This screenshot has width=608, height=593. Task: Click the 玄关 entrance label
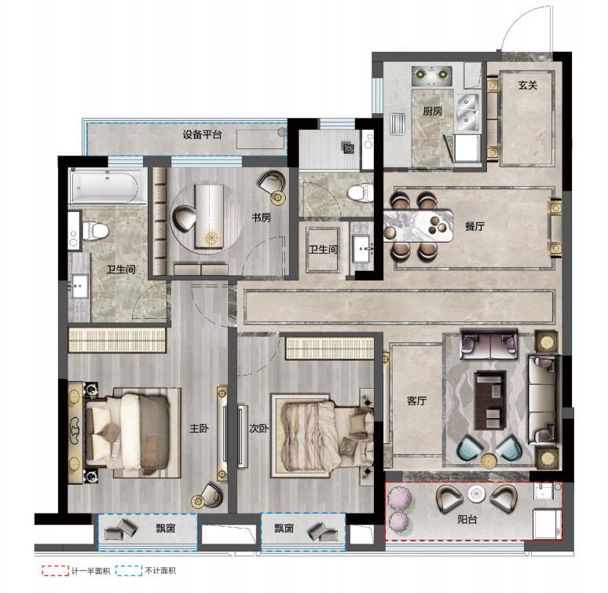[x=528, y=85]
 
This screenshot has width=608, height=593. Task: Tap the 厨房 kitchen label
[x=432, y=112]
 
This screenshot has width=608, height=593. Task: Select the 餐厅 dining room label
[x=474, y=226]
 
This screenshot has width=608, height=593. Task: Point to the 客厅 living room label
[x=417, y=401]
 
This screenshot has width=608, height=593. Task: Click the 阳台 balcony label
[x=467, y=519]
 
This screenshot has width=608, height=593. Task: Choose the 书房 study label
[x=262, y=218]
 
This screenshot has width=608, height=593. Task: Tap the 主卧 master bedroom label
[x=199, y=428]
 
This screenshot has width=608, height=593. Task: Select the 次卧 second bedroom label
[x=258, y=428]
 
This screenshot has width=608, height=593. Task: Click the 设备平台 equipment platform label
[x=202, y=134]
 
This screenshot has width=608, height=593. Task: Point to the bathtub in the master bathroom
[x=104, y=186]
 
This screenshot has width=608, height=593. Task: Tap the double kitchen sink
[x=467, y=112]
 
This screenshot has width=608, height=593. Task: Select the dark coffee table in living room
[x=490, y=401]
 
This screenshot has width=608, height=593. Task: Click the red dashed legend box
[x=56, y=570]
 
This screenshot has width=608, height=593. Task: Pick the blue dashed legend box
[x=129, y=570]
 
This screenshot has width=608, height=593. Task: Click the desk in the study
[x=209, y=215]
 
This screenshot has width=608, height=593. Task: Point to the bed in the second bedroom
[x=322, y=435]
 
